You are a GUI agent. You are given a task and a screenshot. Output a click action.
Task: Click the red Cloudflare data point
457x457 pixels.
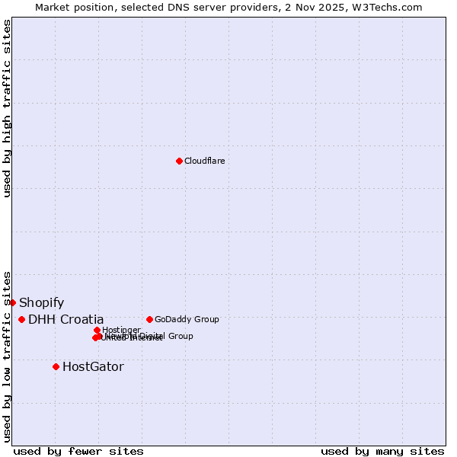(x=179, y=161)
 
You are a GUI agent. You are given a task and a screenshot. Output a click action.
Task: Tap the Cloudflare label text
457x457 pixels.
(x=204, y=161)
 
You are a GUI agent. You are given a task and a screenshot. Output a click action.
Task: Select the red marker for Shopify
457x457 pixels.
(x=12, y=302)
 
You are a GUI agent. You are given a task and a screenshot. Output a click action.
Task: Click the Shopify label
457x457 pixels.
(x=41, y=303)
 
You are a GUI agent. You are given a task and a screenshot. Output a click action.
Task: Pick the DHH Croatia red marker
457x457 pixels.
(x=21, y=319)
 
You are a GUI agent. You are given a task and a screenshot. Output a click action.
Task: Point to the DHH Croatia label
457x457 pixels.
(x=66, y=320)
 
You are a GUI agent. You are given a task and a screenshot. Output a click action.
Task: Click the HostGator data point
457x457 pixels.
(x=56, y=366)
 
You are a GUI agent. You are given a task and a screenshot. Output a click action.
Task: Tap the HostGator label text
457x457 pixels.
(x=93, y=367)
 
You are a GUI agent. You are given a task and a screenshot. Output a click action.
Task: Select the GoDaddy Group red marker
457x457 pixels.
(x=149, y=319)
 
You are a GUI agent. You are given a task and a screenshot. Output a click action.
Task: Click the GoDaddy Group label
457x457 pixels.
(x=187, y=319)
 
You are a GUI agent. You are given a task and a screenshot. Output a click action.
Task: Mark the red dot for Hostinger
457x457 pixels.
(x=97, y=330)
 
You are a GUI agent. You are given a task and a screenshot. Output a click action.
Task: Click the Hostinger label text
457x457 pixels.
(x=121, y=330)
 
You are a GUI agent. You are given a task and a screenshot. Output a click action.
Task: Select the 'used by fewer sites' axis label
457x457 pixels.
(x=78, y=451)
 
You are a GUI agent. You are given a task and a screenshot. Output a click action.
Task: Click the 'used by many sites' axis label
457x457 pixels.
(x=382, y=451)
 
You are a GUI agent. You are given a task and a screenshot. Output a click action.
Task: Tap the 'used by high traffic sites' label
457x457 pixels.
(x=7, y=108)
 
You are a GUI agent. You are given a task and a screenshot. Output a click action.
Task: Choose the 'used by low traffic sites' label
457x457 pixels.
(x=7, y=356)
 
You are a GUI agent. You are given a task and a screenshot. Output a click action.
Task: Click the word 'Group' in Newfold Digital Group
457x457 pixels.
(x=180, y=336)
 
